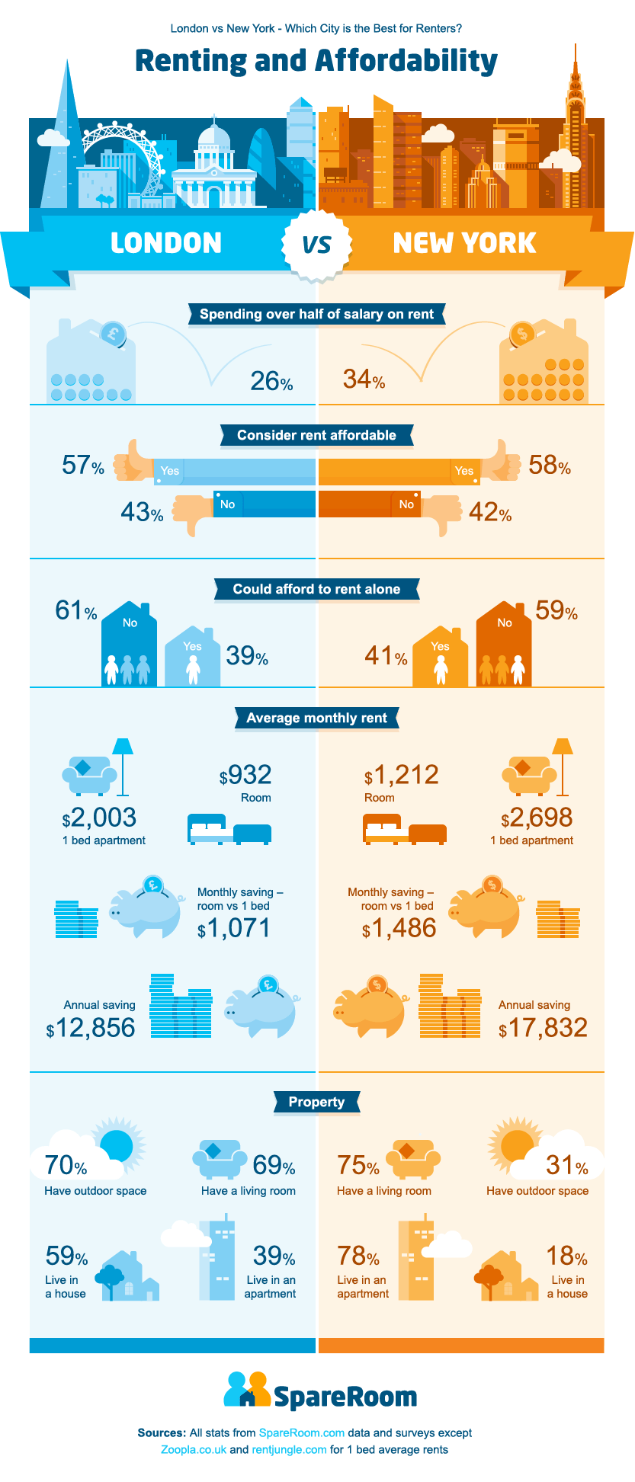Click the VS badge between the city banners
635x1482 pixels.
[316, 244]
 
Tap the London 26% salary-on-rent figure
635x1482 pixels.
[271, 380]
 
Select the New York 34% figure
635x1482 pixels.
[364, 379]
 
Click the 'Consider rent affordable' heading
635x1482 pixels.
[316, 435]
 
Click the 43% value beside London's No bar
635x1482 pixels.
[142, 512]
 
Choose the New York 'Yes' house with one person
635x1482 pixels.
[440, 657]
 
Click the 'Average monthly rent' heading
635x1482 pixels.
[316, 718]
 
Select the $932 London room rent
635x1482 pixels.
[245, 775]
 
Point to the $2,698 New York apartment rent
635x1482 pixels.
[537, 818]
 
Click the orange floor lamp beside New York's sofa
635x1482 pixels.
[563, 766]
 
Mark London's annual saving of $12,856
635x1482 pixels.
[91, 1028]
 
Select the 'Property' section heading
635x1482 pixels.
[316, 1102]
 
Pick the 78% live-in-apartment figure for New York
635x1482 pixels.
[358, 1256]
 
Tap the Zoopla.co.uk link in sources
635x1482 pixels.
[194, 1449]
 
